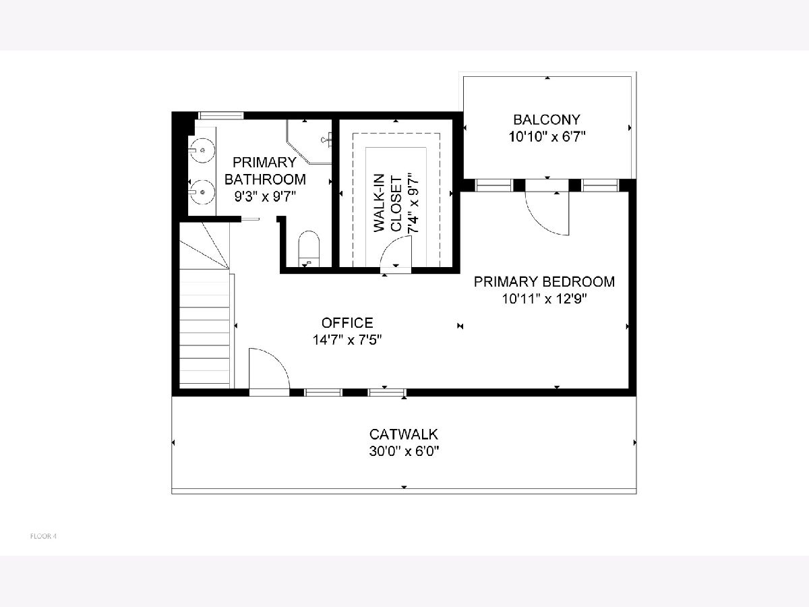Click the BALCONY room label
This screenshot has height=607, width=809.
(547, 120)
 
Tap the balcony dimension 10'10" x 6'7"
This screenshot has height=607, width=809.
(547, 137)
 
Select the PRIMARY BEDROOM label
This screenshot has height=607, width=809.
(544, 282)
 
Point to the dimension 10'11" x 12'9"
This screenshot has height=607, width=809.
(544, 299)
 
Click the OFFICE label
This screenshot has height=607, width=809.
(347, 323)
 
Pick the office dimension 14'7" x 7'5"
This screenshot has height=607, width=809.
(347, 340)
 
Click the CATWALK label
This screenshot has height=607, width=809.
(404, 434)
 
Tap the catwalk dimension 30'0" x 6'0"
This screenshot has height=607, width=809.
(404, 451)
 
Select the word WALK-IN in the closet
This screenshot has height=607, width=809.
(380, 203)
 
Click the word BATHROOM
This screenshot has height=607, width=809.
(265, 179)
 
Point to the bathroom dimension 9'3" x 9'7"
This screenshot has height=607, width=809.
(265, 196)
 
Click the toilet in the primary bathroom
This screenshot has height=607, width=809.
(309, 249)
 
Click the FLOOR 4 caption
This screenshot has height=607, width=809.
(43, 536)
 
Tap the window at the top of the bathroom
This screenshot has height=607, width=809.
(221, 115)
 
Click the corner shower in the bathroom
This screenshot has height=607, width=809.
(309, 142)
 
